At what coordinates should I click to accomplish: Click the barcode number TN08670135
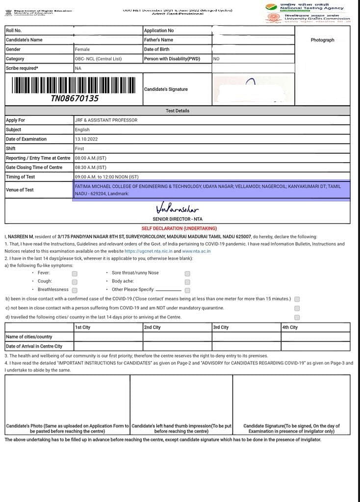pyautogui.click(x=75, y=99)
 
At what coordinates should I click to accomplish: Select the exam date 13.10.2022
pyautogui.click(x=86, y=139)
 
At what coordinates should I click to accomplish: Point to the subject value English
pyautogui.click(x=82, y=130)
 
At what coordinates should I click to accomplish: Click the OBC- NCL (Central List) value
pyautogui.click(x=98, y=59)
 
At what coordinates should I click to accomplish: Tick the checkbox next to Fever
pyautogui.click(x=75, y=274)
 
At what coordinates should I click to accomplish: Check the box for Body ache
pyautogui.click(x=187, y=282)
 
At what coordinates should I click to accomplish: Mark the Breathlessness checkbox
pyautogui.click(x=75, y=290)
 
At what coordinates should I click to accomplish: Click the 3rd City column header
pyautogui.click(x=221, y=327)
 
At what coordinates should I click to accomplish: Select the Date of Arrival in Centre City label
pyautogui.click(x=34, y=346)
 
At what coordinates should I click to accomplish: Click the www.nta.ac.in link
pyautogui.click(x=196, y=251)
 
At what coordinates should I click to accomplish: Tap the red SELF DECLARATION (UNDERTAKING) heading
pyautogui.click(x=179, y=228)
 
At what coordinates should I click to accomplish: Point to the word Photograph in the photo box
pyautogui.click(x=322, y=40)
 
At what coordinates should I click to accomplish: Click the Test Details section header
pyautogui.click(x=177, y=111)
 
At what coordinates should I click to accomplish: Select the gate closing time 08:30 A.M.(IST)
pyautogui.click(x=90, y=167)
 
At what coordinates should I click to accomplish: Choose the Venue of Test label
pyautogui.click(x=20, y=190)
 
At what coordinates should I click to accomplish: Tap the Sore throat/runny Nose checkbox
pyautogui.click(x=187, y=274)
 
